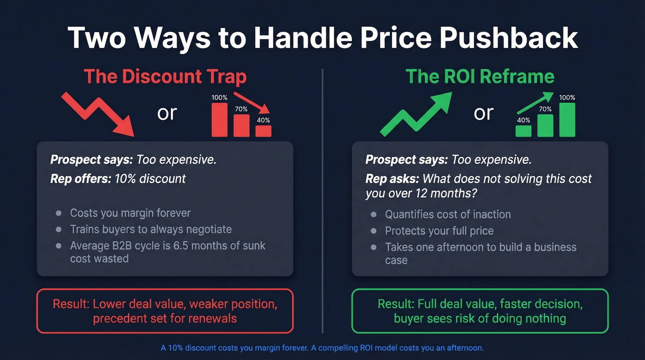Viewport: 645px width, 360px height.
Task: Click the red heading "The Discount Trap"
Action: coord(165,77)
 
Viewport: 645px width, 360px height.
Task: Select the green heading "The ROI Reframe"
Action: coord(480,77)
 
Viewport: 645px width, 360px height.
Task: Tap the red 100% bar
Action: coord(219,119)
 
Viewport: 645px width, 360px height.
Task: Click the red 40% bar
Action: coord(264,131)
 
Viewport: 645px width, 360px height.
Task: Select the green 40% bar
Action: coord(523,131)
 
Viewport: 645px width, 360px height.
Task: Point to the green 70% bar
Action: coord(545,125)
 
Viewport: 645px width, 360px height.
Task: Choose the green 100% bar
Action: coord(567,119)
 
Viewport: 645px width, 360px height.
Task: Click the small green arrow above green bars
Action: coord(534,103)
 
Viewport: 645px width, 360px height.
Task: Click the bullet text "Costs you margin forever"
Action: coord(130,213)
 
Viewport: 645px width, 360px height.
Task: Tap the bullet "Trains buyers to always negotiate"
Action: coord(151,229)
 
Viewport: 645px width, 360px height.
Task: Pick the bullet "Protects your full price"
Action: coord(439,230)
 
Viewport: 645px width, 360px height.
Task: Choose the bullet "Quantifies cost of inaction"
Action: coord(448,214)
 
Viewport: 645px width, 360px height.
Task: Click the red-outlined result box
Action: coord(165,311)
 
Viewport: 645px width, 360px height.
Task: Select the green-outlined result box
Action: coord(480,311)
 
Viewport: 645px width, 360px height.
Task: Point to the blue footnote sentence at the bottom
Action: coord(322,348)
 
